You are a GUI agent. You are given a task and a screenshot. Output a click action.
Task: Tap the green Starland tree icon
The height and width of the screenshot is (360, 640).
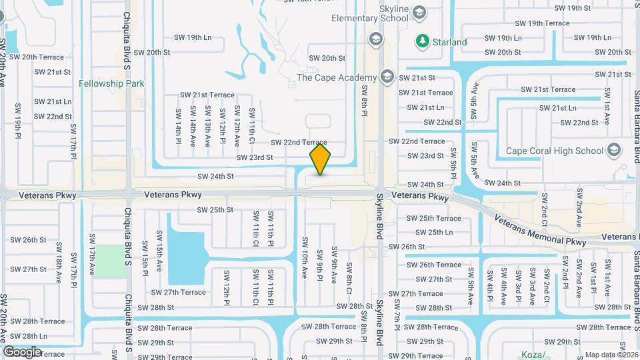pos(422,41)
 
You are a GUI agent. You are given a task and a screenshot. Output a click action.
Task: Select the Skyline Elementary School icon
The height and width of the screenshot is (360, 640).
pos(419,11)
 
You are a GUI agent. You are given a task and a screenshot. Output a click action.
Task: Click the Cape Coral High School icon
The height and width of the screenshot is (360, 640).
pos(613,151)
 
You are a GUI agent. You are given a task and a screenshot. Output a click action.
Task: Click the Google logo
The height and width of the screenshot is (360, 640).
pos(22,351)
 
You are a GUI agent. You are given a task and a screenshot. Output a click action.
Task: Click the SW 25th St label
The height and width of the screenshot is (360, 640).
pos(215,209)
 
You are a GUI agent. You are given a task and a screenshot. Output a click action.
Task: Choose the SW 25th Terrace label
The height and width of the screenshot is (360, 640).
pos(433,218)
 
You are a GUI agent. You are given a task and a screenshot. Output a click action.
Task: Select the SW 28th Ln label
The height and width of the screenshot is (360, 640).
pos(29,337)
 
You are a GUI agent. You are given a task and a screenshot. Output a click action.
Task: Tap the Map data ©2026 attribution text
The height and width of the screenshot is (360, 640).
pos(611,355)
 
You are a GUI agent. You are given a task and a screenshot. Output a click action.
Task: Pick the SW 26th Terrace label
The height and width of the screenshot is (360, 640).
pos(433,265)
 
